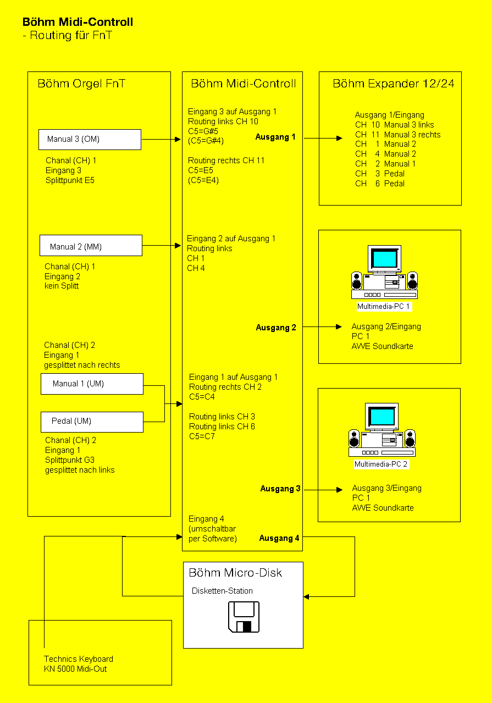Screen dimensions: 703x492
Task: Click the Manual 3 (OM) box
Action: [90, 140]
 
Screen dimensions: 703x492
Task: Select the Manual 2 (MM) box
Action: [91, 245]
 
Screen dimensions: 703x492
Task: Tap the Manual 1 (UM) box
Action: [92, 384]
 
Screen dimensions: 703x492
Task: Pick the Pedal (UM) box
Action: [92, 421]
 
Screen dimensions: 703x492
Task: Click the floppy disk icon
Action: [244, 617]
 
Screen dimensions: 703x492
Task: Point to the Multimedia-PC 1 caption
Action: [384, 306]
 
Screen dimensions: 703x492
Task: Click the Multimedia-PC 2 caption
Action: [382, 464]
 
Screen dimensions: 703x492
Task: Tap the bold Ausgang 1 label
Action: [275, 137]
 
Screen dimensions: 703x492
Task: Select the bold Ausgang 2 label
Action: [276, 328]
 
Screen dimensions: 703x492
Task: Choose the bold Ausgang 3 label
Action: [280, 489]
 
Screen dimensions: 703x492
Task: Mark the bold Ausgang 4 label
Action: [279, 538]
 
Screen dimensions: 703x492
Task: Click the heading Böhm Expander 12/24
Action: [393, 84]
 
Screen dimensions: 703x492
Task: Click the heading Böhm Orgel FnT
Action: [81, 84]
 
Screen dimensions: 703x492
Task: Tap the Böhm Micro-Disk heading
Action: [235, 573]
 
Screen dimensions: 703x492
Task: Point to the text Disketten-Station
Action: [222, 591]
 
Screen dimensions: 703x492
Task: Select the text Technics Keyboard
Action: [79, 659]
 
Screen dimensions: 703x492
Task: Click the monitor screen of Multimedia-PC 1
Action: [384, 258]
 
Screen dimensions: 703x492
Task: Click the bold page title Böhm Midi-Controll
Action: [78, 23]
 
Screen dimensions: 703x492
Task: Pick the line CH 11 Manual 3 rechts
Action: [397, 135]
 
